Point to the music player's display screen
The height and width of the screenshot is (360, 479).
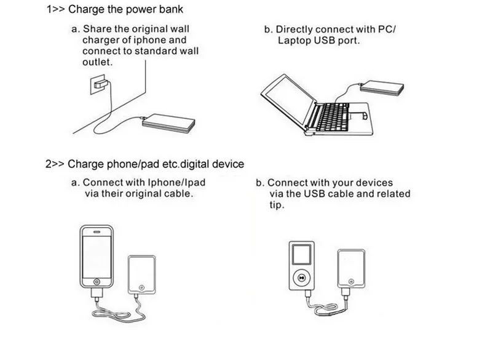click(301, 254)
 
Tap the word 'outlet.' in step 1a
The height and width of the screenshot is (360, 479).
click(98, 63)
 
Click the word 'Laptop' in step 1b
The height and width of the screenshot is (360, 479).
click(291, 41)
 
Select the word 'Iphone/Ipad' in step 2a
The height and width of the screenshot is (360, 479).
click(176, 183)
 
